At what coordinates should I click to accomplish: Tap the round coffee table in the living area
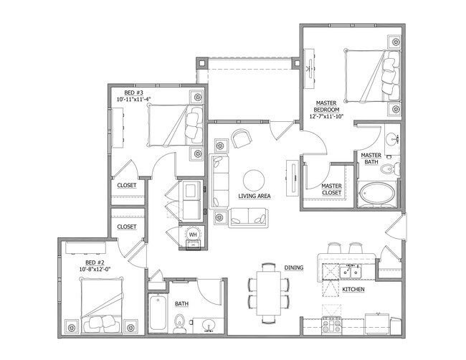254,179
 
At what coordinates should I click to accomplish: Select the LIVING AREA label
254,196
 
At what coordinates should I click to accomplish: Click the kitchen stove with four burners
331,324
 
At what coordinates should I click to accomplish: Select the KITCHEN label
353,289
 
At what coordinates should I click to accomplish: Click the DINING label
294,267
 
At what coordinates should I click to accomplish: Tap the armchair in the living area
241,138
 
